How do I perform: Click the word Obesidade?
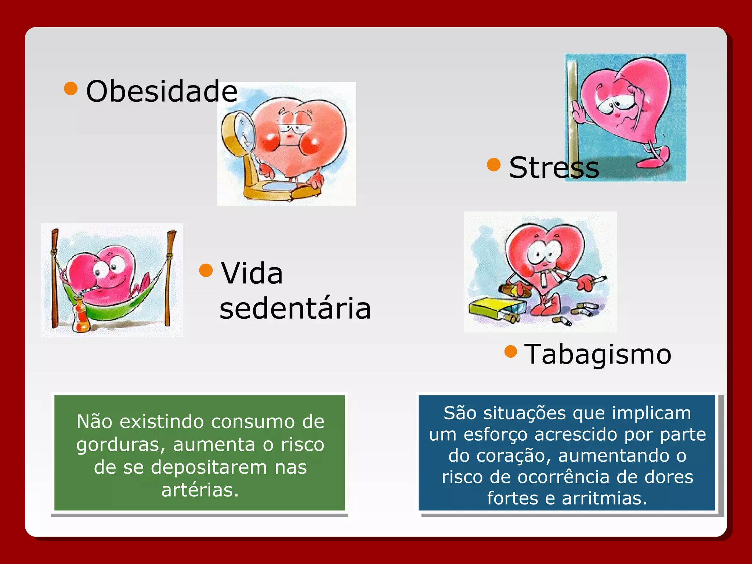pos(162,91)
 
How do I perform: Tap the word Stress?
pos(554,168)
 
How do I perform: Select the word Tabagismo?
pos(598,354)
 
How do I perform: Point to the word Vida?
pos(252,274)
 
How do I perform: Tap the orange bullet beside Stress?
pos(494,164)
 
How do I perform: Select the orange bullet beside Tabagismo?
pos(511,351)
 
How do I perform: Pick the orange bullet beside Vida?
pos(206,270)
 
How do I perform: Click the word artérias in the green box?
pos(200,490)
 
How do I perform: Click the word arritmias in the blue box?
pos(604,498)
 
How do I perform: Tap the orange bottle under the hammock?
pos(81,316)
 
